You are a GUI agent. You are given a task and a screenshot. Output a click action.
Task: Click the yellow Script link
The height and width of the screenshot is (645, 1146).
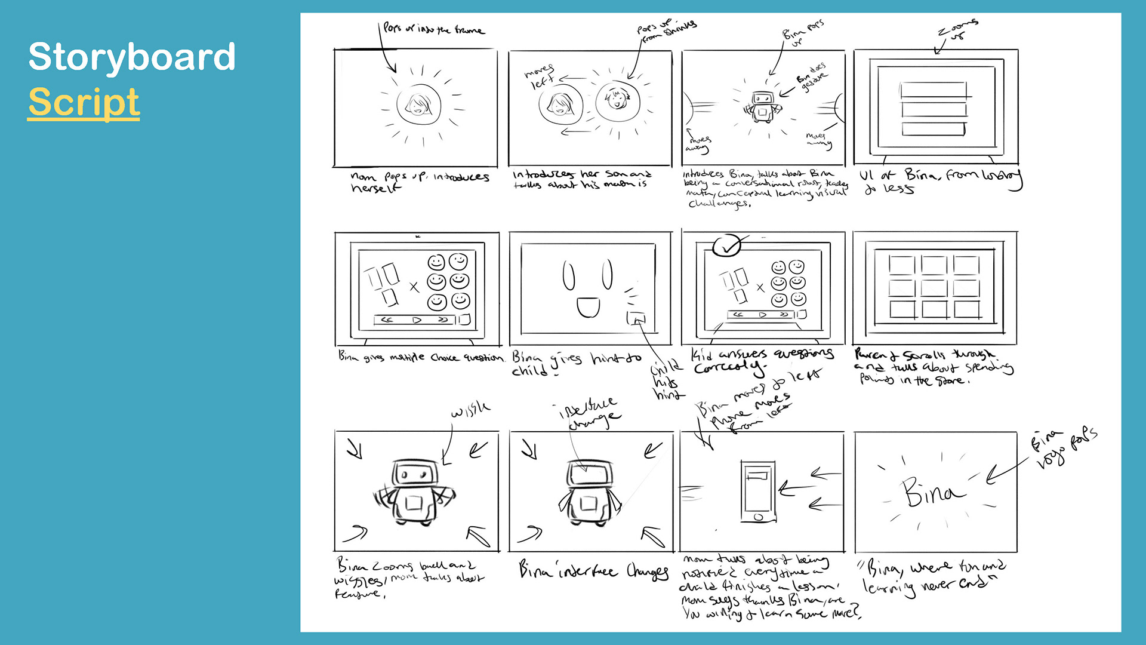point(84,102)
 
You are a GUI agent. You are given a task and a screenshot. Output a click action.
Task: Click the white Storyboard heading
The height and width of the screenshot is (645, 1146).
point(132,57)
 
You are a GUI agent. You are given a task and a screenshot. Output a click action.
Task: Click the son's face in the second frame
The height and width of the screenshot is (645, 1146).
point(617,99)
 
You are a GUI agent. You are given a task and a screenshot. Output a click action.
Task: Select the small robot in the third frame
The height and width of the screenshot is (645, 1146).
point(762,107)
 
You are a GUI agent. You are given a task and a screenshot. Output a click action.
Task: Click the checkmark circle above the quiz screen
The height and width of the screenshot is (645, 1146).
point(727,245)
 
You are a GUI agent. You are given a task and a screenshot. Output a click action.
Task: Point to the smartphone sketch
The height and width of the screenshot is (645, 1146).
point(758,491)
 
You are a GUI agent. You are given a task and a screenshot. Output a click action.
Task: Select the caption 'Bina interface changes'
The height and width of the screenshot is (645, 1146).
point(593,570)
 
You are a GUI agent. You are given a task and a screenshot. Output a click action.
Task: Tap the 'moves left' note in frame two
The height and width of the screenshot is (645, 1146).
point(539,76)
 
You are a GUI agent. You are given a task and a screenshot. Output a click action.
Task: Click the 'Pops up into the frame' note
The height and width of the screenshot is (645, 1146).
point(434,29)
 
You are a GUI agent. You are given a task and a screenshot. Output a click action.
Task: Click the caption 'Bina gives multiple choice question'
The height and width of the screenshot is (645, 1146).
point(421,357)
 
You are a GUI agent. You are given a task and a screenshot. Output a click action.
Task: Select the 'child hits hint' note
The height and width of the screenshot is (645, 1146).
point(666,380)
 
